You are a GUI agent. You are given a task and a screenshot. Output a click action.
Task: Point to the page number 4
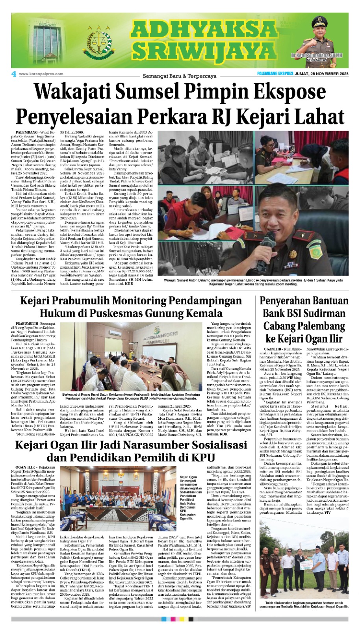(x=14, y=74)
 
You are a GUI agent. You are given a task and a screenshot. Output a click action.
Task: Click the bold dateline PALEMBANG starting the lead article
(x=27, y=132)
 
